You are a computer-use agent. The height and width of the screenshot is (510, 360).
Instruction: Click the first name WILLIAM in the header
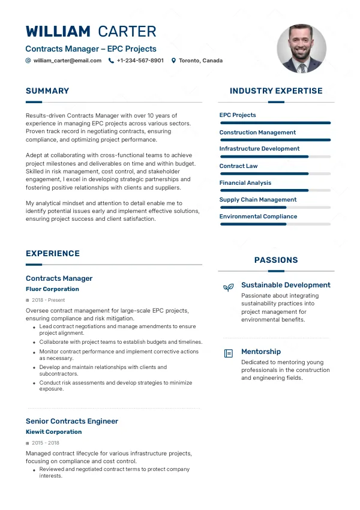click(x=58, y=32)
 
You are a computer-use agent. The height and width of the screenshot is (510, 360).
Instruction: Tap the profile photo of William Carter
click(x=302, y=49)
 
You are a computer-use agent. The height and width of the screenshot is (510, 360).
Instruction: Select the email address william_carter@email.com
click(x=67, y=61)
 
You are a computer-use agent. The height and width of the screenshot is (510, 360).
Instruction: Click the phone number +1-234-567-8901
click(x=140, y=61)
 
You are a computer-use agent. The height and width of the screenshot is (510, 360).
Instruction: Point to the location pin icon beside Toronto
click(x=173, y=61)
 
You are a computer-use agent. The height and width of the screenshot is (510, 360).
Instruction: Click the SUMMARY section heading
click(x=47, y=91)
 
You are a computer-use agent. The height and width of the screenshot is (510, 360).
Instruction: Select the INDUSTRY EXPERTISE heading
click(x=276, y=91)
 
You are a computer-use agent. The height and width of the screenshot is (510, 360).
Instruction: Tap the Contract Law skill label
click(x=238, y=166)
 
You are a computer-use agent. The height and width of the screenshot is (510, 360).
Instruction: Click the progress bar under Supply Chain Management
click(x=275, y=207)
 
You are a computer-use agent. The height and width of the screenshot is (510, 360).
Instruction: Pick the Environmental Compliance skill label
click(x=258, y=217)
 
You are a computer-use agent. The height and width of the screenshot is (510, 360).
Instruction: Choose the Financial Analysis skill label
click(x=245, y=183)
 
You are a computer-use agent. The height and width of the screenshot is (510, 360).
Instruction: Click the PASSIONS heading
click(x=276, y=260)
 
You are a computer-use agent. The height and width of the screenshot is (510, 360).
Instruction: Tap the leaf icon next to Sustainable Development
click(x=228, y=287)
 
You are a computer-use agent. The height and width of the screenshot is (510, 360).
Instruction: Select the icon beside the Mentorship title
click(x=228, y=353)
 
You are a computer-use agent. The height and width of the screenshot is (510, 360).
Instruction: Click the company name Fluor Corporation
click(x=52, y=289)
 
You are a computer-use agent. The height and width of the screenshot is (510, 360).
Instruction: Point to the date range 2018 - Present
click(x=48, y=300)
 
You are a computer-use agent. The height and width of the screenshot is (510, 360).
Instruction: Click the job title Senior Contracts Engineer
click(x=72, y=421)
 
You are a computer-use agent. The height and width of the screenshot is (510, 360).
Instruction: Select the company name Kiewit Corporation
click(x=53, y=432)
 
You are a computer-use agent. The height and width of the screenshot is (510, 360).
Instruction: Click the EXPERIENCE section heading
click(x=53, y=254)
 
